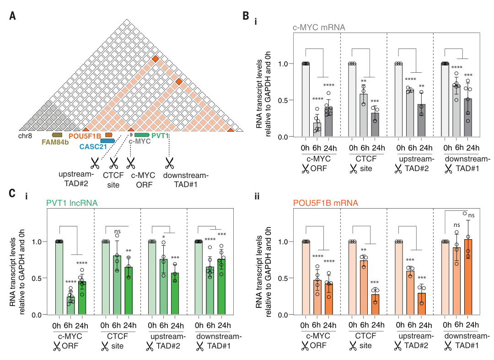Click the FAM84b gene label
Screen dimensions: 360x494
(x=52, y=142)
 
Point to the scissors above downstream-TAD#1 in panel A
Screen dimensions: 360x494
(x=170, y=162)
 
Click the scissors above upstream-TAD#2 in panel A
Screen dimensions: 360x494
(x=95, y=162)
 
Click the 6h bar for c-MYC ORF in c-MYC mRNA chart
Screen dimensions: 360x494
(x=317, y=129)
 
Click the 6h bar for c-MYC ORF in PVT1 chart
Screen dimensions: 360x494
(x=70, y=306)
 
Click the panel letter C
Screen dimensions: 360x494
(x=13, y=193)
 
